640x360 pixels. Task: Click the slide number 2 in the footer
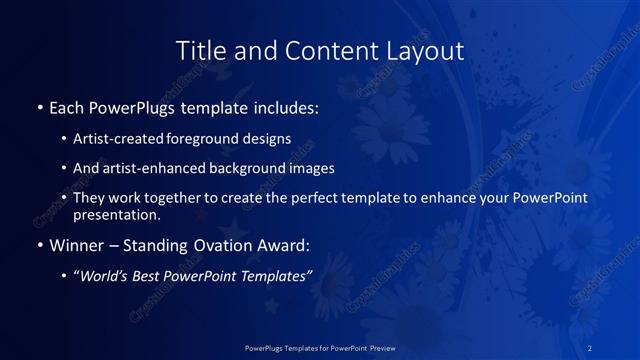pos(591,347)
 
